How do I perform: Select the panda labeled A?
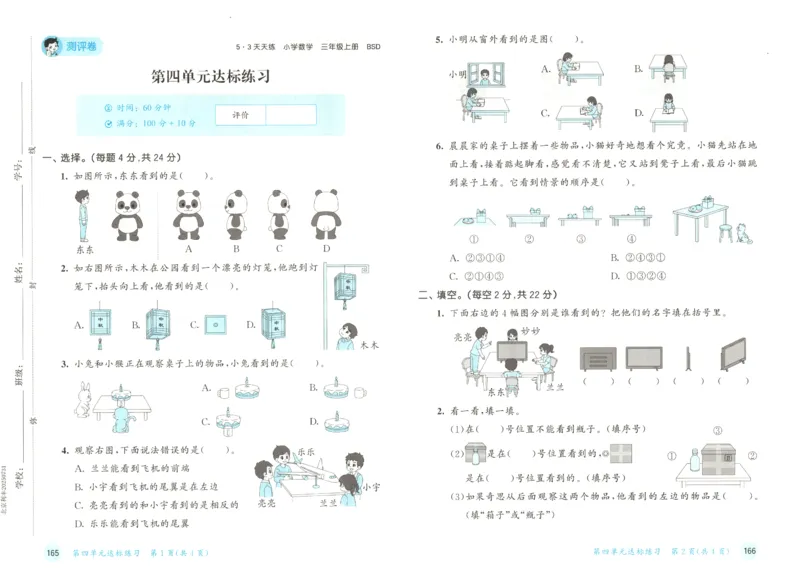188,214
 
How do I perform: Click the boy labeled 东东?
84,214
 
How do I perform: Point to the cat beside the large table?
741,232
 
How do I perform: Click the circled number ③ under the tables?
580,239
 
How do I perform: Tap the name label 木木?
368,345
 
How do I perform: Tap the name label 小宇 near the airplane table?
370,488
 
